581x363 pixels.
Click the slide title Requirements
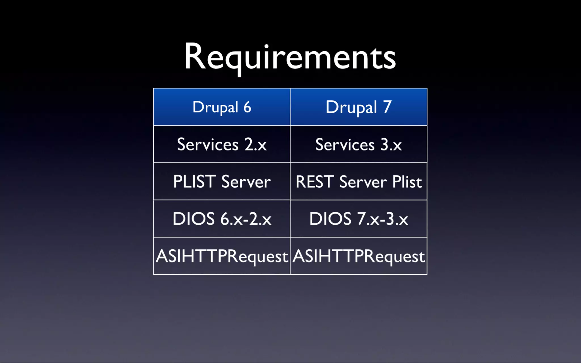290,57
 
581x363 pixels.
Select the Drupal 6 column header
222,107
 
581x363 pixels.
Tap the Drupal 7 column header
359,107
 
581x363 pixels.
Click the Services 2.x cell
222,145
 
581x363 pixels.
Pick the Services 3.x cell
359,145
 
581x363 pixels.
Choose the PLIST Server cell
222,182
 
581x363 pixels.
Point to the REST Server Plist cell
359,182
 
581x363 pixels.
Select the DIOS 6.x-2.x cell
222,219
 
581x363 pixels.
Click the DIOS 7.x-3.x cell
359,219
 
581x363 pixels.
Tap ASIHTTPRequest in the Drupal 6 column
222,256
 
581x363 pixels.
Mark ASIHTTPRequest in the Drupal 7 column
359,256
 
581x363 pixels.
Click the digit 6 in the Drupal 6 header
247,107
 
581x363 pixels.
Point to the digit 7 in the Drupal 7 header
388,107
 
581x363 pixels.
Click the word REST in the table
314,182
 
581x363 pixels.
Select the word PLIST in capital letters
194,182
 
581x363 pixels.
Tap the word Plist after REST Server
407,182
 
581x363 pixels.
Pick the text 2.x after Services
256,145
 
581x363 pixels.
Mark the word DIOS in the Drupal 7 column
330,219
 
